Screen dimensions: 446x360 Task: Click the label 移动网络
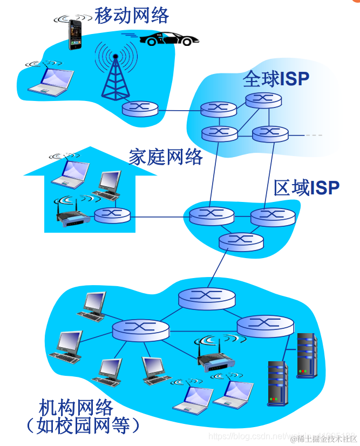pyautogui.click(x=132, y=15)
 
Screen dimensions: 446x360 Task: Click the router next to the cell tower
pyautogui.click(x=140, y=109)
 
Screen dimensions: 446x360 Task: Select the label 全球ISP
pyautogui.click(x=276, y=79)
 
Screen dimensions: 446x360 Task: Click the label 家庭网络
pyautogui.click(x=166, y=157)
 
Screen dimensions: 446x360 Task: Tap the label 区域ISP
pyautogui.click(x=306, y=188)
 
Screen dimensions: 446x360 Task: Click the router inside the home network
pyautogui.click(x=112, y=215)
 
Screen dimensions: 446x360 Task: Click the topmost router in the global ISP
pyautogui.click(x=263, y=99)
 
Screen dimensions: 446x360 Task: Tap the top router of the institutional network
pyautogui.click(x=207, y=297)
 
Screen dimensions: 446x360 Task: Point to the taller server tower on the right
pyautogui.click(x=306, y=354)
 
